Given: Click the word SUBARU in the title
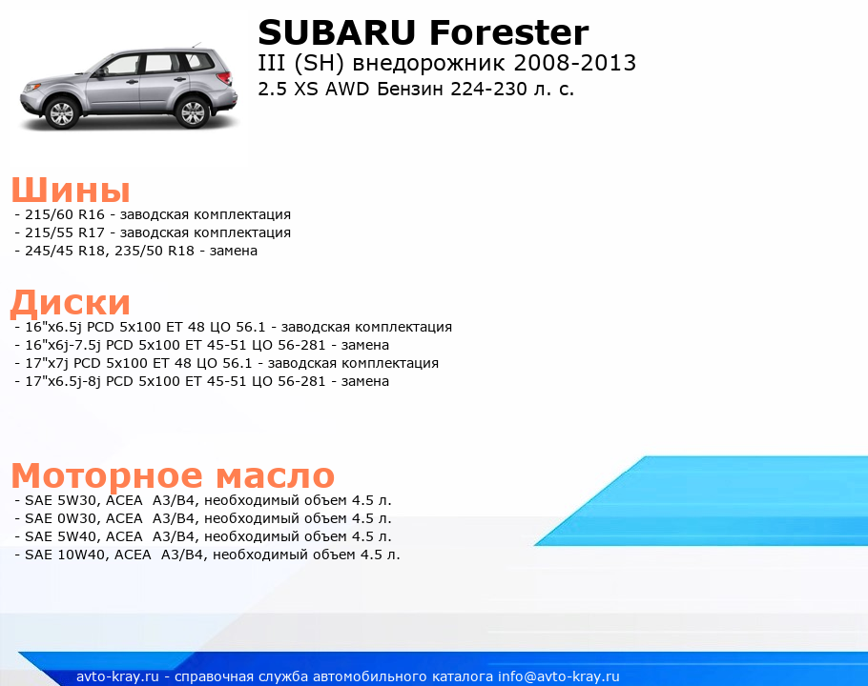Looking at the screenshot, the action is tap(337, 32).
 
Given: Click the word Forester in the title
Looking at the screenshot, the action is tap(508, 32).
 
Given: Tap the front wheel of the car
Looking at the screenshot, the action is tap(61, 112).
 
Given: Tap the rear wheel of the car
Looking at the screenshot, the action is tap(192, 112).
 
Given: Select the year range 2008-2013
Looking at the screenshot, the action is tap(574, 63).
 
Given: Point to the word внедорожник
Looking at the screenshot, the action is tap(429, 64).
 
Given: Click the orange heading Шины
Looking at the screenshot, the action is tap(71, 190).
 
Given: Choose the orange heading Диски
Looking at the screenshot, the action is tap(71, 303).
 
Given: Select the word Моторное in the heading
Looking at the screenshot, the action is tap(107, 476).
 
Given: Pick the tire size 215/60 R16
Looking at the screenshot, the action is tap(65, 214).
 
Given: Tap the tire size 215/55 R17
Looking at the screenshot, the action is tap(65, 232).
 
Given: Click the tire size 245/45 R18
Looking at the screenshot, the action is tap(65, 251).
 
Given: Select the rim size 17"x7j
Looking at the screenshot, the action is tap(47, 364).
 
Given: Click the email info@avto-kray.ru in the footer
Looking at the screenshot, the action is tap(559, 676).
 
